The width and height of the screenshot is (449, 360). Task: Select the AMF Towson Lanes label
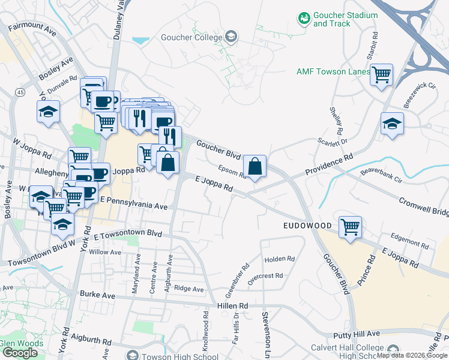tap(333, 71)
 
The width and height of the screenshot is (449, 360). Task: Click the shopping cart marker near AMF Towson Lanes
tap(381, 76)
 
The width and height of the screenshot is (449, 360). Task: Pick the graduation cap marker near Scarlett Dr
tap(392, 124)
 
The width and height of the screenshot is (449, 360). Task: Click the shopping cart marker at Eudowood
tap(350, 227)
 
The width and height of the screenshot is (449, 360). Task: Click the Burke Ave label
tap(95, 295)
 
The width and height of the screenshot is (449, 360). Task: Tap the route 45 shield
tap(21, 92)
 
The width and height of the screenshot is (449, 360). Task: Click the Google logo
tap(20, 353)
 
